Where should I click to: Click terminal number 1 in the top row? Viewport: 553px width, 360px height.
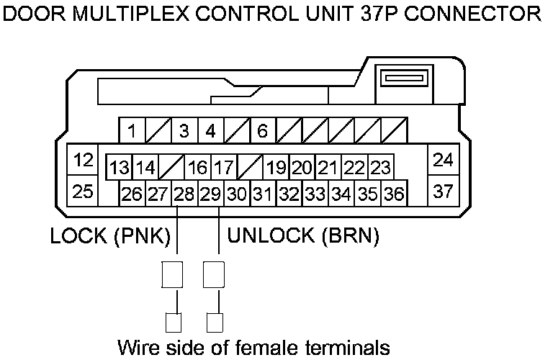coord(132,131)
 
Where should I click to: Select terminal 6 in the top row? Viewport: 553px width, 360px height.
coord(263,131)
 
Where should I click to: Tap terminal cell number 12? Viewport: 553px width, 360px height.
coord(84,161)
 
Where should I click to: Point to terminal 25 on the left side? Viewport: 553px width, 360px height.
coord(84,192)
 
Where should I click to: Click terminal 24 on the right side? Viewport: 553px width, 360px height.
coord(444,161)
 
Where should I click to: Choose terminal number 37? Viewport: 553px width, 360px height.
coord(444,192)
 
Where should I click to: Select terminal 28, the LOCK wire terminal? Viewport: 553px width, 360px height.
coord(184,194)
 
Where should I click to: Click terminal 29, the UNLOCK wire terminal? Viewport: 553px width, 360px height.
coord(210,194)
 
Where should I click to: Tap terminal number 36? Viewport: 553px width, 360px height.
coord(393,194)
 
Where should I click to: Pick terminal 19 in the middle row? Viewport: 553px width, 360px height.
coord(276,168)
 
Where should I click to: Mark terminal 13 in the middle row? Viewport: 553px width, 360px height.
coord(119,168)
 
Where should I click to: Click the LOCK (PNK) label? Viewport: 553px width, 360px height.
coord(109,236)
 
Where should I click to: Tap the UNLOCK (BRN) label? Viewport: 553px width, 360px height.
coord(303,236)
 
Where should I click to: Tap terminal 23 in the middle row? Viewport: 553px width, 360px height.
coord(380,168)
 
